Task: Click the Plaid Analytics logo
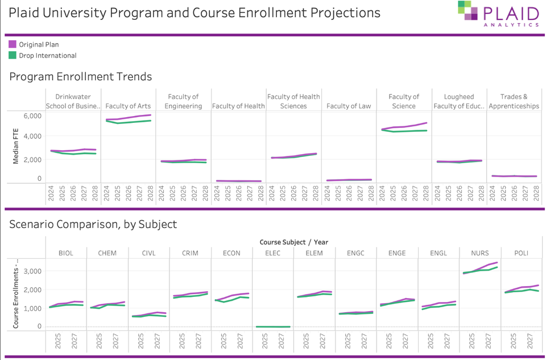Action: [x=498, y=14]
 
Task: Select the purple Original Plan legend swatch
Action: [x=13, y=44]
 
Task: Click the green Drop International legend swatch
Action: [x=13, y=56]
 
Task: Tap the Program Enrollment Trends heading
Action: [x=80, y=76]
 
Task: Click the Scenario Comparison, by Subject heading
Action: [x=93, y=224]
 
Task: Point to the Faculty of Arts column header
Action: [x=128, y=106]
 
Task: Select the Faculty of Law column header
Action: [x=349, y=106]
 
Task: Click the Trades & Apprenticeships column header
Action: [x=514, y=101]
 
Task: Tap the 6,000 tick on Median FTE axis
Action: [x=32, y=115]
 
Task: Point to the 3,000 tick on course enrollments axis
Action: [x=32, y=271]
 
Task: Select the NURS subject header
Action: [x=479, y=253]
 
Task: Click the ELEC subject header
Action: [x=273, y=253]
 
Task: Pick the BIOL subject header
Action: [x=66, y=253]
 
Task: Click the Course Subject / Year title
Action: [x=293, y=242]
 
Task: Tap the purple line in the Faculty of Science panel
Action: [x=404, y=127]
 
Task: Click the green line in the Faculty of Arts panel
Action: [x=129, y=122]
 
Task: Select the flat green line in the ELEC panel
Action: [x=273, y=326]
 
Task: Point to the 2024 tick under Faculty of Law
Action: [x=328, y=196]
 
